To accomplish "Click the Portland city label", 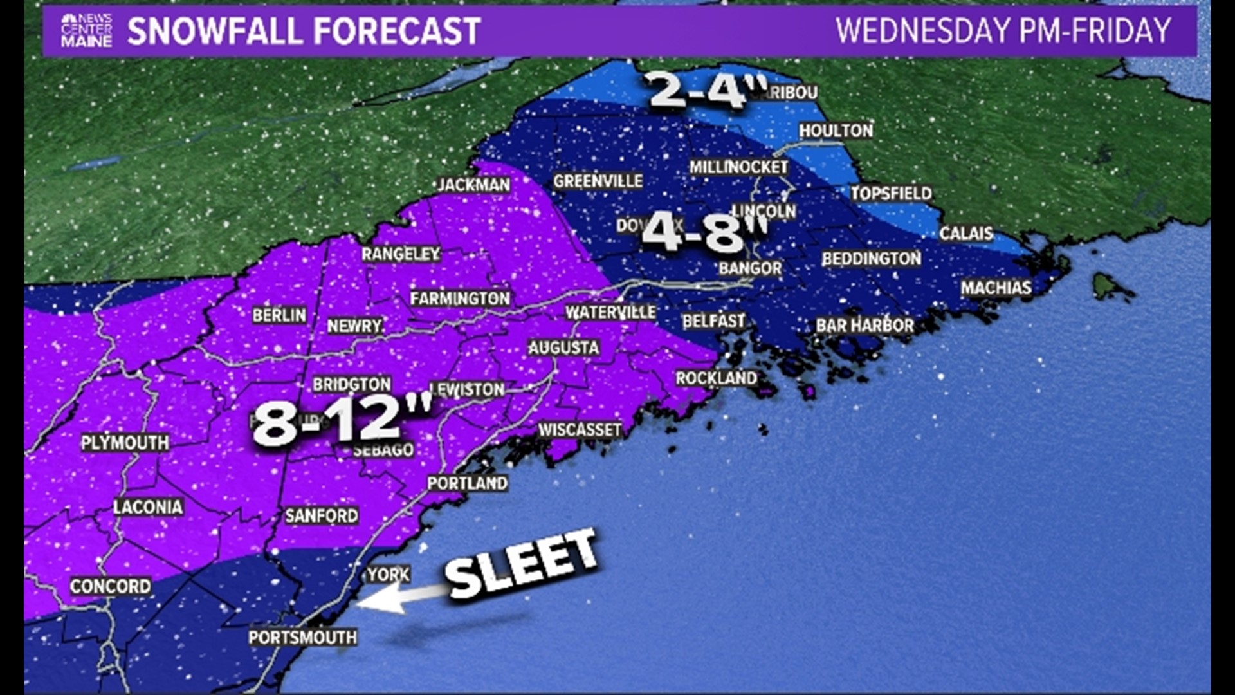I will tap(468, 483).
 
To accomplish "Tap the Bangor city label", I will tap(750, 268).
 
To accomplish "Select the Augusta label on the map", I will tap(563, 347).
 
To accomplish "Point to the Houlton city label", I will tap(836, 131).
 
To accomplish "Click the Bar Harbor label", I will tap(864, 326).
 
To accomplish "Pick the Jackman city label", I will tap(474, 185).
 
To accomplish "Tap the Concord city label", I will tap(111, 586).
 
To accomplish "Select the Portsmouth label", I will tap(302, 637).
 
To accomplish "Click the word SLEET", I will tap(521, 564).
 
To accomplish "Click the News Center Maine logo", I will tap(86, 30).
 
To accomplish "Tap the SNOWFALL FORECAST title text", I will tap(304, 31).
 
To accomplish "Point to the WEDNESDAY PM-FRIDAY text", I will tap(1003, 31).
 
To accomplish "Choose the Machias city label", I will tap(996, 288).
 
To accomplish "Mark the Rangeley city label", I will tap(401, 254).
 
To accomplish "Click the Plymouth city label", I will tap(125, 443).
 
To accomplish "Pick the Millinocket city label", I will tap(738, 167).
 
